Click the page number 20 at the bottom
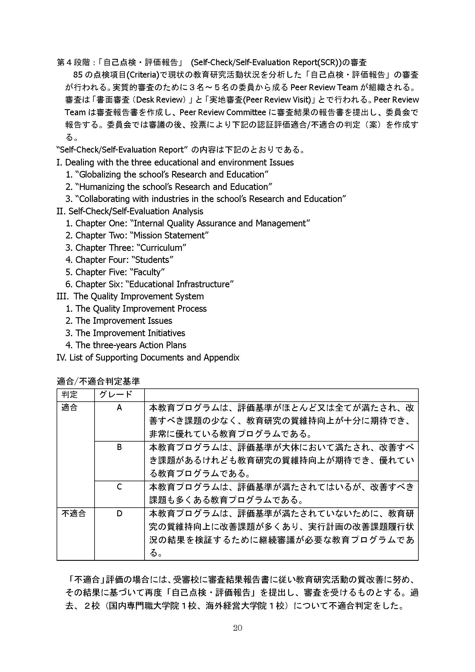(237, 627)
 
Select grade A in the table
(119, 407)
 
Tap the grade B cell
(119, 447)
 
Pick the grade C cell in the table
(119, 486)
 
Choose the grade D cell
(119, 513)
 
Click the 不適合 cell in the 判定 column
(74, 513)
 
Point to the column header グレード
(116, 394)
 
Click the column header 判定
(69, 394)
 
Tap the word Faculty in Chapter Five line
(149, 272)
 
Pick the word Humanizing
(101, 187)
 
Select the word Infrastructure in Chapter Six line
(205, 284)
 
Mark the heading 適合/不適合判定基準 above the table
(98, 381)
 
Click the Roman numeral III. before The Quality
(63, 296)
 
